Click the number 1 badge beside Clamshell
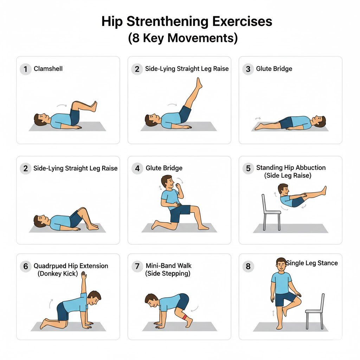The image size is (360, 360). pos(25,69)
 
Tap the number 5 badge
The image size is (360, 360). pos(248,168)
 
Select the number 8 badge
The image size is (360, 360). pos(248,266)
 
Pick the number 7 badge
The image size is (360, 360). pos(137,266)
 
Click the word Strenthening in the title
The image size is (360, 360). pos(167,21)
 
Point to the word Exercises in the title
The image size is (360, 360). pos(242,21)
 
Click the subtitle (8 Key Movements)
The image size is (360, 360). pos(183,38)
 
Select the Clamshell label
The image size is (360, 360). pos(48,69)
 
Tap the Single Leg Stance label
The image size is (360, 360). pos(312,263)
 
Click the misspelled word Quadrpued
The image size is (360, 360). pos(50,266)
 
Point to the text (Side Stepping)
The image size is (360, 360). pos(168,274)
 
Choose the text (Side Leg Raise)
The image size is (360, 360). pos(288,176)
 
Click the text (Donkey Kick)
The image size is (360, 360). pos(58,274)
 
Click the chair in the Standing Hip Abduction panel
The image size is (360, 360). pos(271,212)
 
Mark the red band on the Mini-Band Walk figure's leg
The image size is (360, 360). pos(185,317)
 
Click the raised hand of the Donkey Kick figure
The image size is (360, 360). pos(84,275)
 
